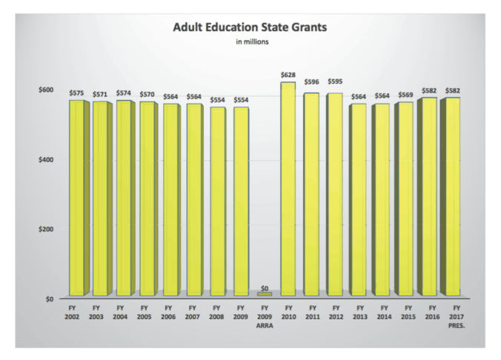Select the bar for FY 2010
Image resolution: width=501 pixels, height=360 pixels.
288,189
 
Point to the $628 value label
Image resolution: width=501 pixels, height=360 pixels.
288,75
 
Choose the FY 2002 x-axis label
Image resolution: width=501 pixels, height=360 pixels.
76,310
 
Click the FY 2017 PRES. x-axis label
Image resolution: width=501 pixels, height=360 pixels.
454,314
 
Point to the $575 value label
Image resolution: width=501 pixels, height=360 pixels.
76,93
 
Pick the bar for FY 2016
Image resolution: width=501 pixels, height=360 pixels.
429,197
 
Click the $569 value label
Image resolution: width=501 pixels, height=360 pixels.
406,96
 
